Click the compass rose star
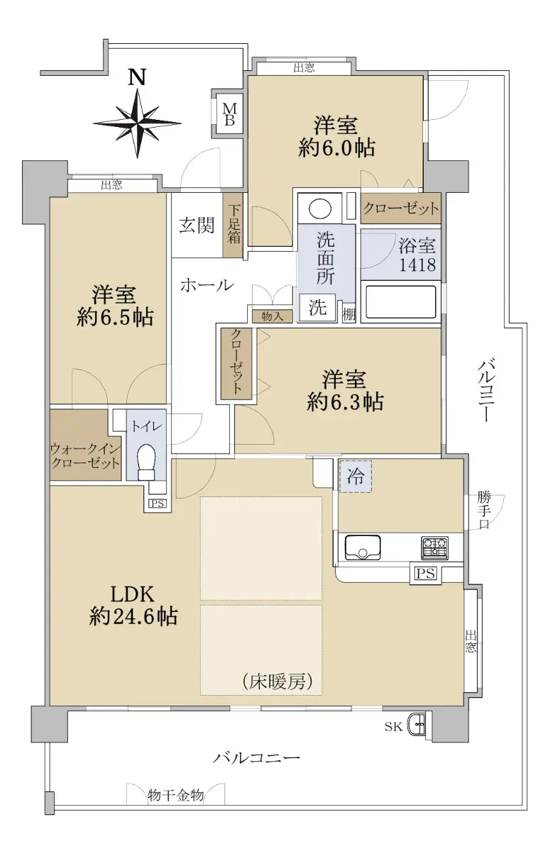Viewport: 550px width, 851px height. [x=137, y=123]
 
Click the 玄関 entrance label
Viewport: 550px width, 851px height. [x=197, y=226]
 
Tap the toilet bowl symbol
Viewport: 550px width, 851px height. [x=146, y=462]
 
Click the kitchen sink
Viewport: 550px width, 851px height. [x=362, y=547]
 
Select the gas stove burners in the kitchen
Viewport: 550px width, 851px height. [x=434, y=547]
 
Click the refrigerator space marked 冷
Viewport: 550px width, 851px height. [x=356, y=477]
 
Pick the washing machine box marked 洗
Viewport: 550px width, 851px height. [x=317, y=308]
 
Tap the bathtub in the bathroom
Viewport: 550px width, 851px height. [x=400, y=301]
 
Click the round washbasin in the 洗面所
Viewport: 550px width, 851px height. [x=319, y=208]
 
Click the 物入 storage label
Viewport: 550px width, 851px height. [x=272, y=316]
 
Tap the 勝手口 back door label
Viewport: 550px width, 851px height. [x=484, y=511]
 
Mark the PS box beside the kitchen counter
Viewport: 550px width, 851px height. [x=425, y=573]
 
